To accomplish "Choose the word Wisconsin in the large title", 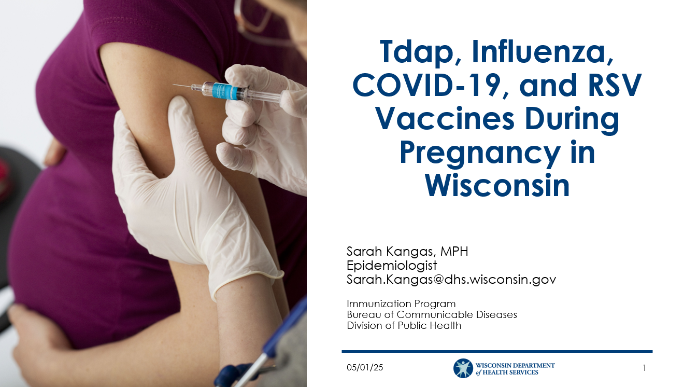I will pos(497,186).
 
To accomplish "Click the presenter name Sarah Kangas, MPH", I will pos(407,252).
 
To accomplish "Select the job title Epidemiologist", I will pos(392,266).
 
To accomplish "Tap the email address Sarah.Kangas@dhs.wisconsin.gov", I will pos(451,279).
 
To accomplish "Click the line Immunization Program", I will pos(401,303).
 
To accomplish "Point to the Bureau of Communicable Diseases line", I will pos(432,314).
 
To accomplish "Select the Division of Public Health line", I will pos(404,326).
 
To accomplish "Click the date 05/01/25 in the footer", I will pos(365,368).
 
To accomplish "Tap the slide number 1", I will pos(645,368).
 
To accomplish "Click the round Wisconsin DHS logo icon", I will pos(463,368).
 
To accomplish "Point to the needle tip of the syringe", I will pos(175,85).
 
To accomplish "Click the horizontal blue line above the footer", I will pos(497,351).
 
